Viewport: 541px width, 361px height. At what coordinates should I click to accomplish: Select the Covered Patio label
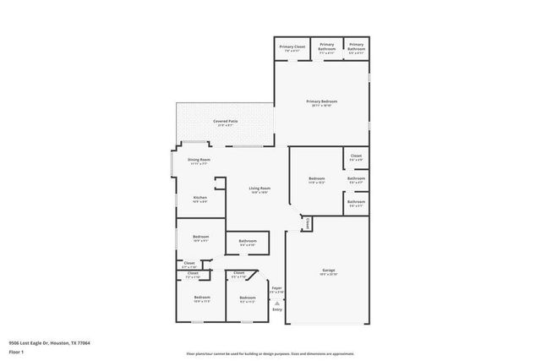pos(225,122)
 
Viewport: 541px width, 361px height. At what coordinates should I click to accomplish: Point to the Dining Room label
pos(199,159)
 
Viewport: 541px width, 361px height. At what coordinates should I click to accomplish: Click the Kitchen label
pos(199,198)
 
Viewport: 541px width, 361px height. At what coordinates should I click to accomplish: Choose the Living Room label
pos(260,188)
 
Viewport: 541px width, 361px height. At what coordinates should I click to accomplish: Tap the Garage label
pos(328,271)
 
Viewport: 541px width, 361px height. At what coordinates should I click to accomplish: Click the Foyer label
pos(276,288)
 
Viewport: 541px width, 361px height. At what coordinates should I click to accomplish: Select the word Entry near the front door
pos(277,309)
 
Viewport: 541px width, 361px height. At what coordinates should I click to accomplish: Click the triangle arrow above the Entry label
pos(276,302)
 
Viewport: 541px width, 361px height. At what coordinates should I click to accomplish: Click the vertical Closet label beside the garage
pos(306,222)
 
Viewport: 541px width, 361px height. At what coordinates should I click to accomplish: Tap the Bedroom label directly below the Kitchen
pos(200,237)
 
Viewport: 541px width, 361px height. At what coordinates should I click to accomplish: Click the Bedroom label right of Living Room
pos(316,178)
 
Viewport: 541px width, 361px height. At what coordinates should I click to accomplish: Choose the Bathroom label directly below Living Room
pos(248,241)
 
